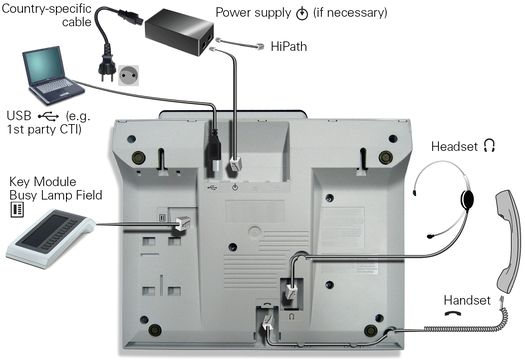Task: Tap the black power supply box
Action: [180, 31]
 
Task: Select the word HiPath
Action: [289, 46]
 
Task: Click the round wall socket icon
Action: [128, 75]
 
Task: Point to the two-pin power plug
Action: [106, 68]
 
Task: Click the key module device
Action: [50, 238]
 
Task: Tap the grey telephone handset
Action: [508, 241]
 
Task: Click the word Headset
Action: [454, 147]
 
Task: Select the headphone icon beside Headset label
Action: [489, 146]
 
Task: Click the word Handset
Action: [467, 300]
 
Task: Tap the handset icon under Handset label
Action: [453, 314]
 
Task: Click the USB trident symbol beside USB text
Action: [49, 116]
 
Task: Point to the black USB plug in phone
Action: [214, 151]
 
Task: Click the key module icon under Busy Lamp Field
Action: [17, 209]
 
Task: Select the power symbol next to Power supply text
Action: [302, 13]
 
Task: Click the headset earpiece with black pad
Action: [467, 199]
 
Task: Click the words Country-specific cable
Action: [47, 15]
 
